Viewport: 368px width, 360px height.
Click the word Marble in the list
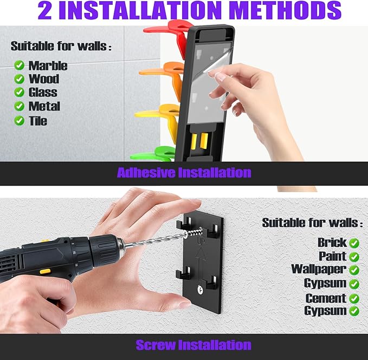48,66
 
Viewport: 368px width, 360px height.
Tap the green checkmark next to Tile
20,121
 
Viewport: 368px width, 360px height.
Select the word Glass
43,92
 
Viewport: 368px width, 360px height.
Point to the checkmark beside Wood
20,79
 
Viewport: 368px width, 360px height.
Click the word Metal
44,106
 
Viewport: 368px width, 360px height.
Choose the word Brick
332,243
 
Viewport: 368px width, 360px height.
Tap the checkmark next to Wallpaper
354,270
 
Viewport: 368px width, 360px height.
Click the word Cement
326,298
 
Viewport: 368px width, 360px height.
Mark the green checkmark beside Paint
354,257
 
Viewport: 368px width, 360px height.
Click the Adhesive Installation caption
184,173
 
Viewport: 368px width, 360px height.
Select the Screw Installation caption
193,345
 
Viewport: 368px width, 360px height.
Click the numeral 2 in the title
44,10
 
